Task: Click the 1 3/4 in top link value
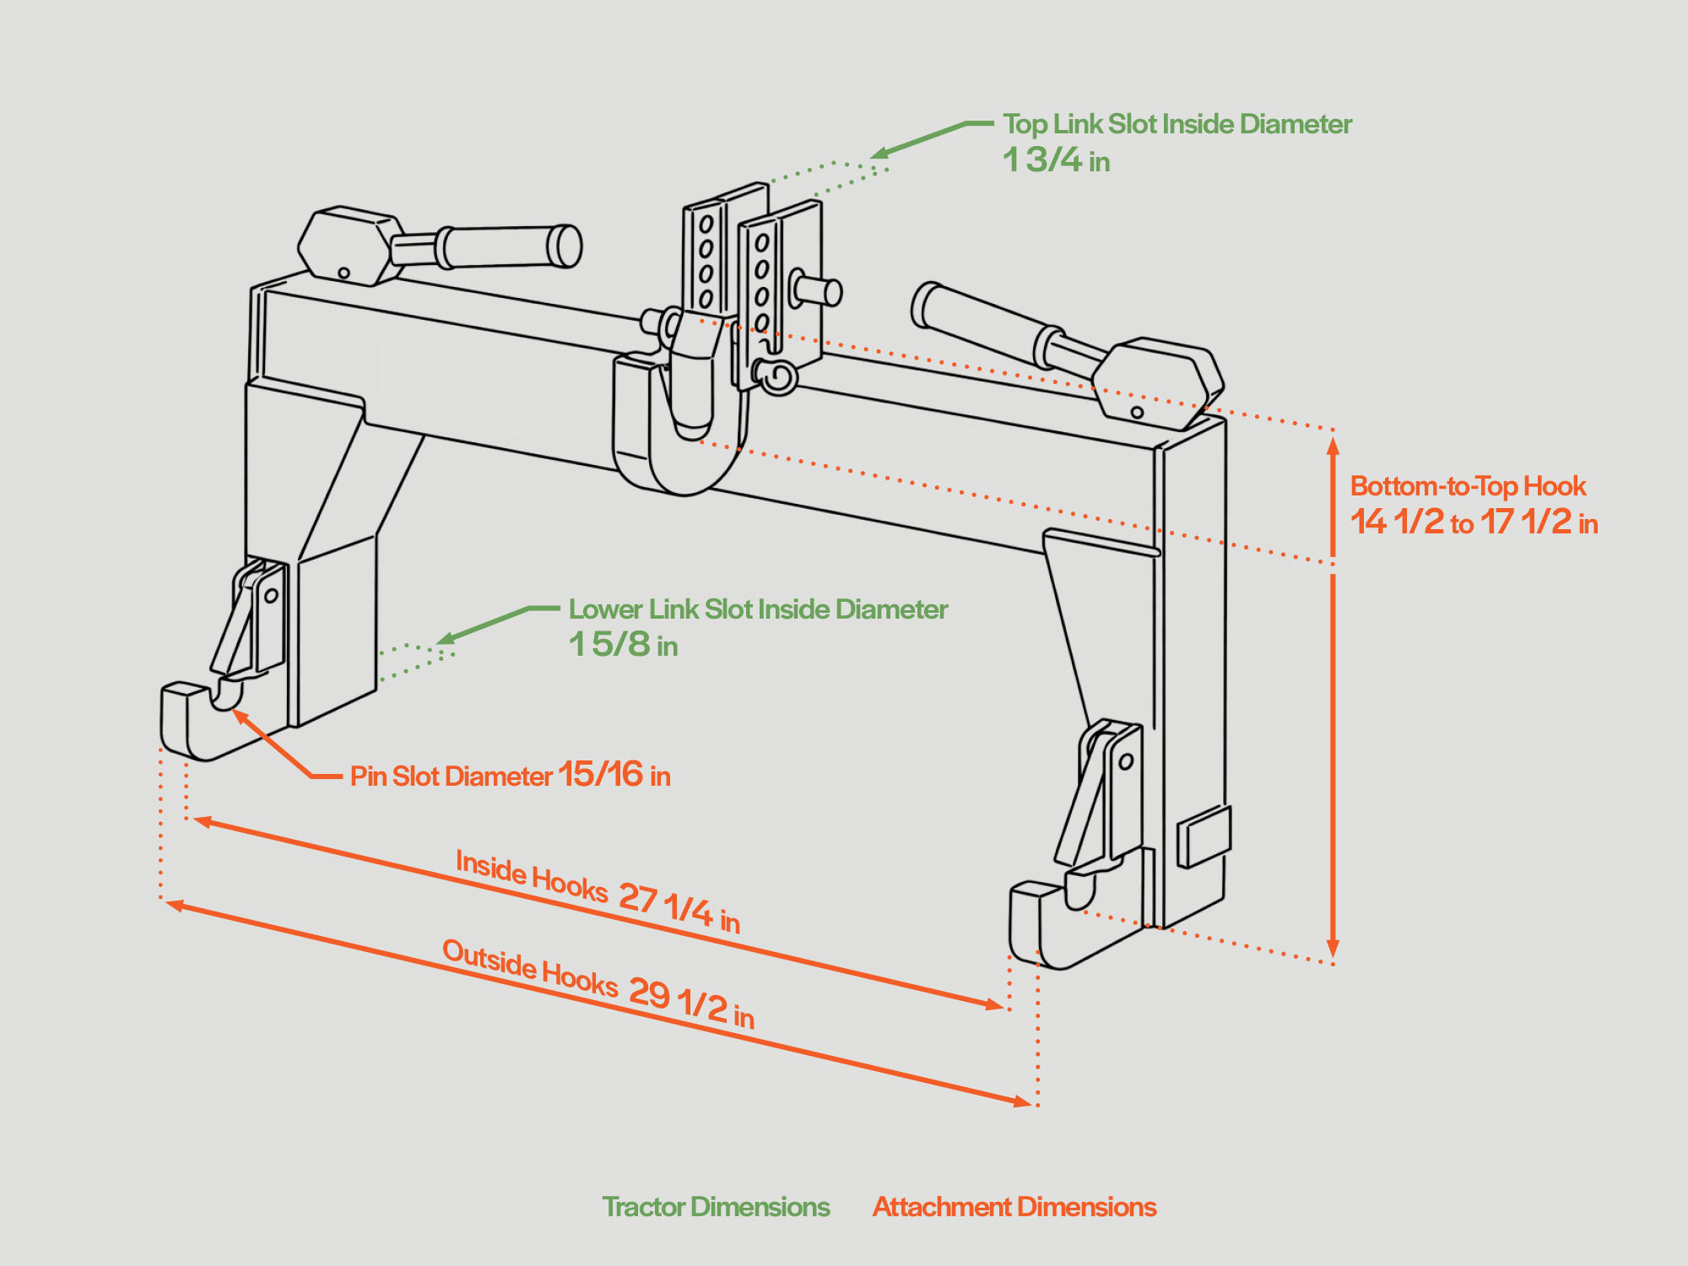click(1055, 160)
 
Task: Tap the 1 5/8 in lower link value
click(623, 645)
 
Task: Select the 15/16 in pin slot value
click(614, 775)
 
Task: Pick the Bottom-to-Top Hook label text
click(1468, 486)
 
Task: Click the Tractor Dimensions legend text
click(716, 1207)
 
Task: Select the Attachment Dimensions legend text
click(1014, 1207)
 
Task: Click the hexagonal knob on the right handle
click(1158, 382)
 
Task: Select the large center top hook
click(679, 422)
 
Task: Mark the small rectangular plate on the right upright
click(1204, 836)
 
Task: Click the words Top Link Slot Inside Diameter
click(1177, 124)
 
